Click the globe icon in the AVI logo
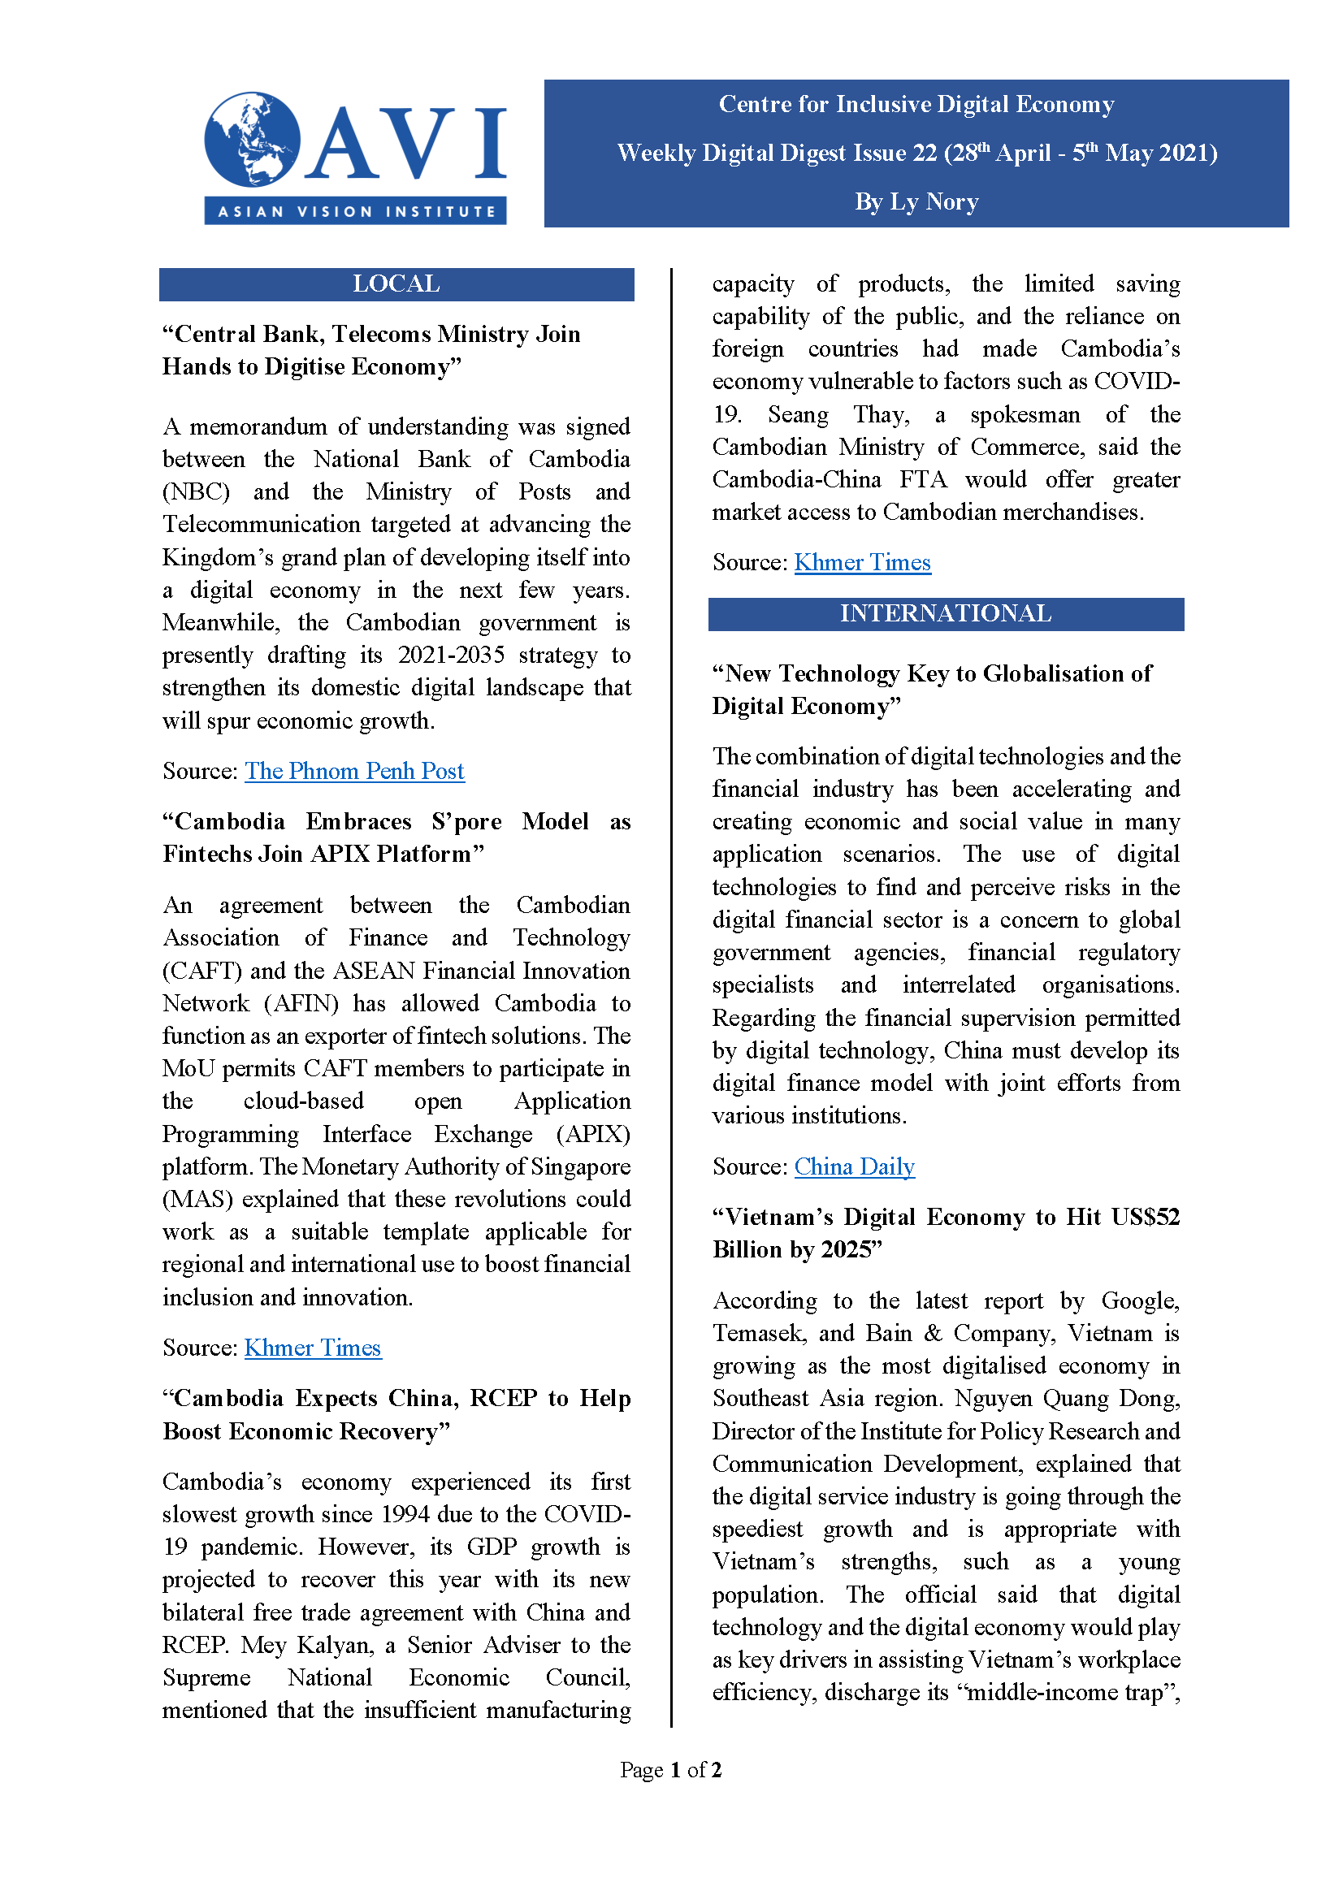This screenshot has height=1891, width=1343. pos(252,139)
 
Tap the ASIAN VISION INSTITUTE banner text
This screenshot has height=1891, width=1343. pos(356,212)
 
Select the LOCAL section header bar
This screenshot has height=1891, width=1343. pos(396,283)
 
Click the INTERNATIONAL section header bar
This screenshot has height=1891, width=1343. pos(945,613)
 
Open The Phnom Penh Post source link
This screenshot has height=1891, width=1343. pos(354,771)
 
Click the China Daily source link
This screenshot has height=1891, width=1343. pos(854,1166)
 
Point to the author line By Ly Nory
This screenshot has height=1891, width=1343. pos(916,201)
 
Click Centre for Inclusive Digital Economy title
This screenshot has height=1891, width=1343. pos(916,104)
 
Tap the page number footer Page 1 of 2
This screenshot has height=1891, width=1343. pos(670,1769)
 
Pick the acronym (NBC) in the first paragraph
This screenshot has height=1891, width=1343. pos(196,492)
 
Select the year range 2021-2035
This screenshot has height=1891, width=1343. pos(451,655)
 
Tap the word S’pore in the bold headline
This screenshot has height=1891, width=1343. pos(466,822)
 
